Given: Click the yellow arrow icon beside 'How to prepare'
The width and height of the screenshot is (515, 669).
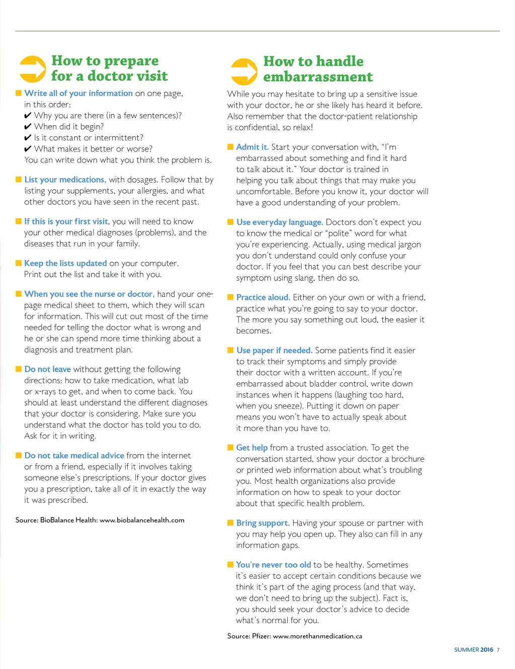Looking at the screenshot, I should pos(33,69).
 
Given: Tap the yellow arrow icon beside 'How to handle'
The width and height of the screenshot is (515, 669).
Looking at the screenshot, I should pos(244,71).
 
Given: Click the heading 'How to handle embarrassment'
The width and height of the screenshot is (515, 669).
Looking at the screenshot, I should pos(318,69).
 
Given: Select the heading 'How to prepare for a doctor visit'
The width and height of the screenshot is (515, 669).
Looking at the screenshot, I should pos(110,68).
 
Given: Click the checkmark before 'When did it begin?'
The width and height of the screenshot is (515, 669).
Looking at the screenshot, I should pos(28,127).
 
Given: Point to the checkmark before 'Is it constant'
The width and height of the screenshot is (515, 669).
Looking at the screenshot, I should pos(28,138).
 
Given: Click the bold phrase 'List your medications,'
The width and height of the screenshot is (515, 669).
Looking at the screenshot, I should pos(65,180).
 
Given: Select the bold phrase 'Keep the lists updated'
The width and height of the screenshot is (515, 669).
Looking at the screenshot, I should pos(65,263).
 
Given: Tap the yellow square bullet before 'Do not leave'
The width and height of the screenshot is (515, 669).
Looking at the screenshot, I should pos(19,369).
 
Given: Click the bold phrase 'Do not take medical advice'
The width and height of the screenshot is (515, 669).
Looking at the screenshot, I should pos(74,455).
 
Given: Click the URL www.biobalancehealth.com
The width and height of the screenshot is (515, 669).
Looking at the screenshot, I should pos(142,520).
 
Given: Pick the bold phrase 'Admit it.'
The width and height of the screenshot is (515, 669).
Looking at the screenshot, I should pos(252,147).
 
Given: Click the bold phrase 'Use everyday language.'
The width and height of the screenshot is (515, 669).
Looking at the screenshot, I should pos(280,222).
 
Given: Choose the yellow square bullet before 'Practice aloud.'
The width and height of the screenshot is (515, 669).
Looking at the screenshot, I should pos(230,297).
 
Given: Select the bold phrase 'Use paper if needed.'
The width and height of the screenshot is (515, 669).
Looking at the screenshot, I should pos(274,350).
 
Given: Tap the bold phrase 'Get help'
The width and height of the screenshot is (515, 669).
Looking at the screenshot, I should pos(251,448).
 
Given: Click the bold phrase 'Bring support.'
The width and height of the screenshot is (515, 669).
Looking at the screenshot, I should pos(263,523).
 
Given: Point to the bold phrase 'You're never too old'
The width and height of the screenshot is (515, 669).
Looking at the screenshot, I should pos(273,564).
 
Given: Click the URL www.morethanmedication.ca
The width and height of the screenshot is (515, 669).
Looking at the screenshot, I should pos(317,636).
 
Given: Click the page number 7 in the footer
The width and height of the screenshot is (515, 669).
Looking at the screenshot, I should pos(498,650).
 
